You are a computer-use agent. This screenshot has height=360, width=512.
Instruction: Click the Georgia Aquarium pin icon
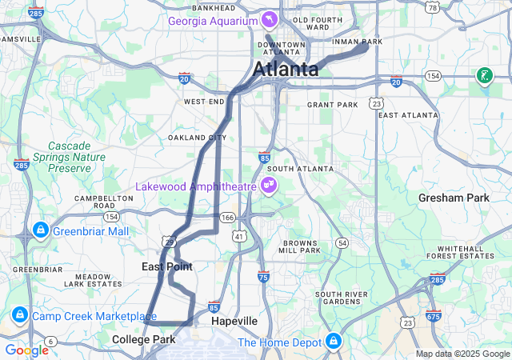click(270, 18)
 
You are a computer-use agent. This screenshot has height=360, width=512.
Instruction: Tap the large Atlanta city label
click(286, 70)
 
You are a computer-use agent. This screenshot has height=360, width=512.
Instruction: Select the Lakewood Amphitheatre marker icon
click(270, 186)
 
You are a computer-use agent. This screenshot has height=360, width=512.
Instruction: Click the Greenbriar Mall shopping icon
click(39, 231)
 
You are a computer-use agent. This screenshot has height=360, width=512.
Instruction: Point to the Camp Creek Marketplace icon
click(19, 316)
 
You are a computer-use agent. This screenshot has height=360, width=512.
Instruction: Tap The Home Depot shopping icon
click(333, 342)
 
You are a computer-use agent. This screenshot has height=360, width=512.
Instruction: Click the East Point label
click(166, 266)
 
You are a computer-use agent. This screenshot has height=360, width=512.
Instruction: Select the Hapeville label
click(234, 321)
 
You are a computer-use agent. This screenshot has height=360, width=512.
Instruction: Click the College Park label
click(143, 340)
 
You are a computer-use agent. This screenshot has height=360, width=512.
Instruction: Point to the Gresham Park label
click(454, 198)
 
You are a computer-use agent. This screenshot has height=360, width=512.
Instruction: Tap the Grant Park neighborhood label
click(332, 105)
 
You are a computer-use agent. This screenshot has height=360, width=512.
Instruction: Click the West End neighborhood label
click(205, 102)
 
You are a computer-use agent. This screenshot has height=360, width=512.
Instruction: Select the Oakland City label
click(191, 138)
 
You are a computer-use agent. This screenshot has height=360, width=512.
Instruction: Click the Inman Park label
click(361, 42)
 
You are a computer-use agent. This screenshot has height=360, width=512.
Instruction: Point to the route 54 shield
click(342, 242)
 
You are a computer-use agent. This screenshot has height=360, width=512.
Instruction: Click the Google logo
click(26, 350)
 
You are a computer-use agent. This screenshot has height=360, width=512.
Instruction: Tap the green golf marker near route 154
click(483, 76)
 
